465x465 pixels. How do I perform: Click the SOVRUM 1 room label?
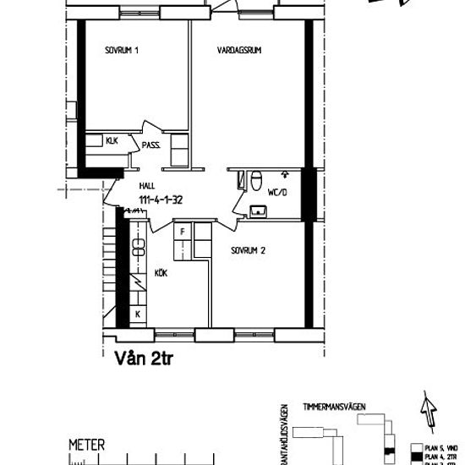coord(122,51)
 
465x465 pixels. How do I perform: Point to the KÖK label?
coord(161,273)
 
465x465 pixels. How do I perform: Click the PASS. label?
coord(152,145)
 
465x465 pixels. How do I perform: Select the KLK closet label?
coord(112,140)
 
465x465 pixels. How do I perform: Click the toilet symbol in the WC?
coord(256,180)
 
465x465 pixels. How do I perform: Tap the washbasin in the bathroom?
coord(255,210)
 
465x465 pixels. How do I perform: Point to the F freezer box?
coord(181,229)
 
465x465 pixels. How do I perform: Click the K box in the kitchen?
coord(138,314)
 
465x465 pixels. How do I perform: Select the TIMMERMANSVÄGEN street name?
coord(338,407)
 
